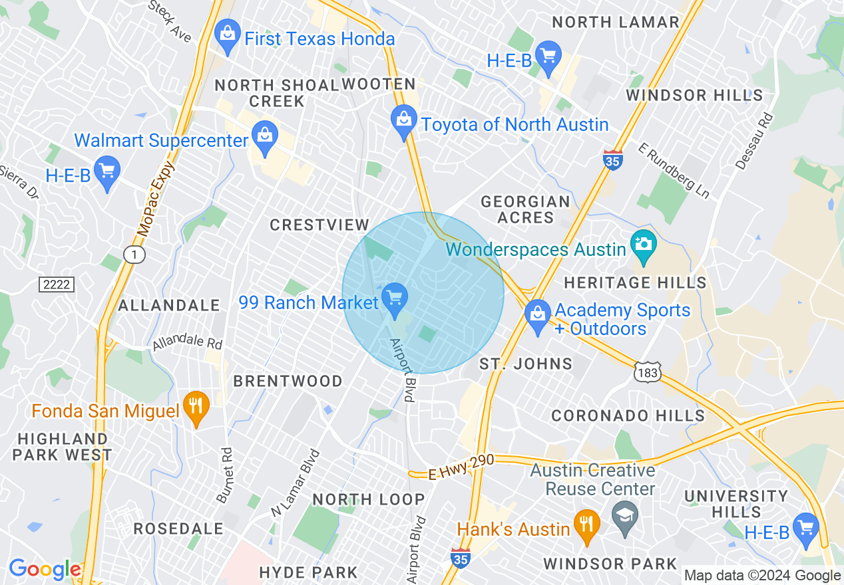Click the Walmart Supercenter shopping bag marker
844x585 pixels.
click(x=265, y=136)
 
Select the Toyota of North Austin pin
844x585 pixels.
click(x=403, y=122)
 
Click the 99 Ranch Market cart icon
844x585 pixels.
click(x=395, y=297)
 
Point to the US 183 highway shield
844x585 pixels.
click(x=647, y=373)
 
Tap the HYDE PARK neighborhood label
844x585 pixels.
click(x=308, y=572)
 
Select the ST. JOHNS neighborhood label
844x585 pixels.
click(x=526, y=364)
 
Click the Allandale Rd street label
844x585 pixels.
click(x=187, y=344)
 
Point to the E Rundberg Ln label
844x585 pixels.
click(x=674, y=171)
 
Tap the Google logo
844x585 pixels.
click(x=45, y=569)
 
